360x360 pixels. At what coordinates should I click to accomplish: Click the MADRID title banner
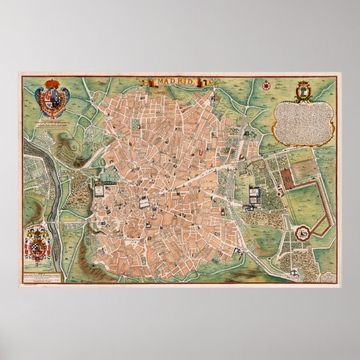175,82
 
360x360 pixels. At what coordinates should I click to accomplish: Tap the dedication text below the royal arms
53,124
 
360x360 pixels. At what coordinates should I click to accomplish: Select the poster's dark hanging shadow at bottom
180,290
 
